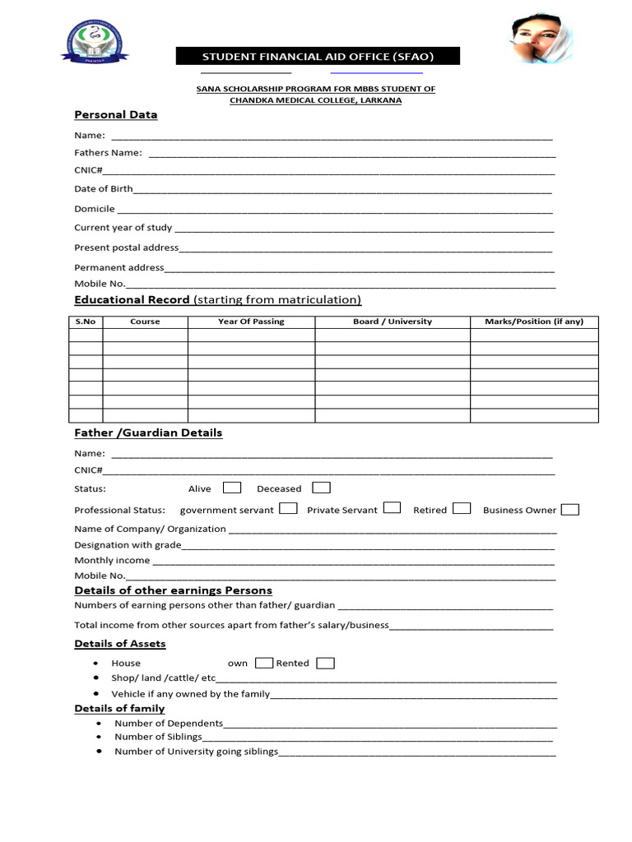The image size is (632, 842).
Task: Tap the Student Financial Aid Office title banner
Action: [x=318, y=56]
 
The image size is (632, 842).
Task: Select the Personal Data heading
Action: [x=115, y=114]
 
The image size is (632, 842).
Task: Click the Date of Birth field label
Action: [x=103, y=188]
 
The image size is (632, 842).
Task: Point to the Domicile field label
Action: [x=95, y=209]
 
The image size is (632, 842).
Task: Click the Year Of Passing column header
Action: [x=251, y=322]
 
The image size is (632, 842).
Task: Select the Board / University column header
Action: [x=393, y=322]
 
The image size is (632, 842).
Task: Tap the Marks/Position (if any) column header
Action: [x=534, y=322]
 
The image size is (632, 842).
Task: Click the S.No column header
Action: [x=86, y=322]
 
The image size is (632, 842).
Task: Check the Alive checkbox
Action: [x=232, y=488]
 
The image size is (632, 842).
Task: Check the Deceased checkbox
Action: [x=321, y=488]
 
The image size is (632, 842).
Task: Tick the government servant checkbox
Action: [x=288, y=508]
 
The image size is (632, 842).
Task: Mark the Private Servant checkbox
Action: [x=392, y=508]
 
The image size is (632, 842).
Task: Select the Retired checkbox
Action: [x=462, y=508]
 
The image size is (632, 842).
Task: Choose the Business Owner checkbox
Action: [x=569, y=509]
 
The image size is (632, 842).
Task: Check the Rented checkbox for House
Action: [x=325, y=663]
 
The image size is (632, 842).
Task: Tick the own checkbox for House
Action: [x=264, y=663]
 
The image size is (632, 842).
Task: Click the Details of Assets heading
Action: [x=120, y=644]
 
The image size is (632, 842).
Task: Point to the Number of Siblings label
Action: [x=158, y=737]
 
